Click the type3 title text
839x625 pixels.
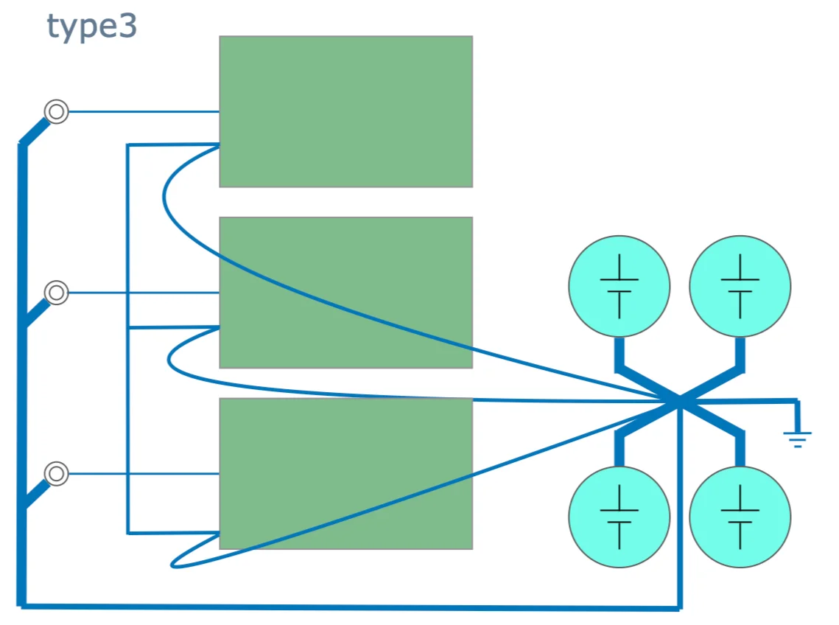click(92, 27)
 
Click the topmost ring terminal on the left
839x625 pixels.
click(56, 112)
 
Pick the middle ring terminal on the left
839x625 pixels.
click(56, 293)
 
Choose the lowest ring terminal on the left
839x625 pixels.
click(56, 473)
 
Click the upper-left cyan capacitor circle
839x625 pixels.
click(619, 286)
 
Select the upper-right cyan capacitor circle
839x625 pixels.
click(740, 286)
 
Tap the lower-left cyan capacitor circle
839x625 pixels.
click(619, 517)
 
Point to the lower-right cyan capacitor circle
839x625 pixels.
click(740, 517)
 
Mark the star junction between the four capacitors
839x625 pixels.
click(678, 400)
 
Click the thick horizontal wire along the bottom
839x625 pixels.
click(346, 607)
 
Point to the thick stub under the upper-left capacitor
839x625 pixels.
click(619, 354)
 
